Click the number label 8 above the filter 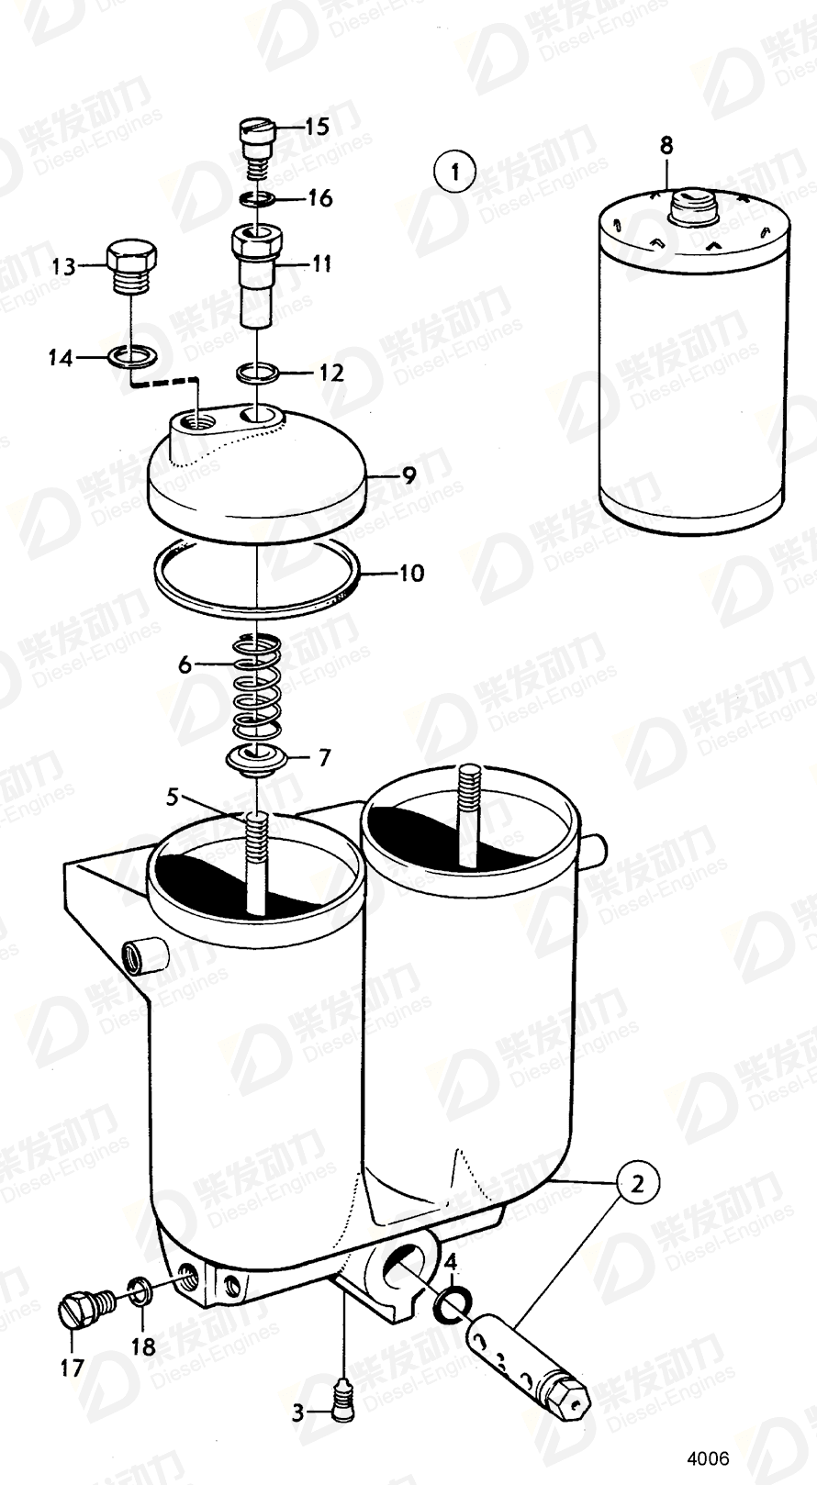(666, 145)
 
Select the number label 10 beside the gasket (410, 574)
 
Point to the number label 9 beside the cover (408, 475)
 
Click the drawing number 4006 (709, 1457)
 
